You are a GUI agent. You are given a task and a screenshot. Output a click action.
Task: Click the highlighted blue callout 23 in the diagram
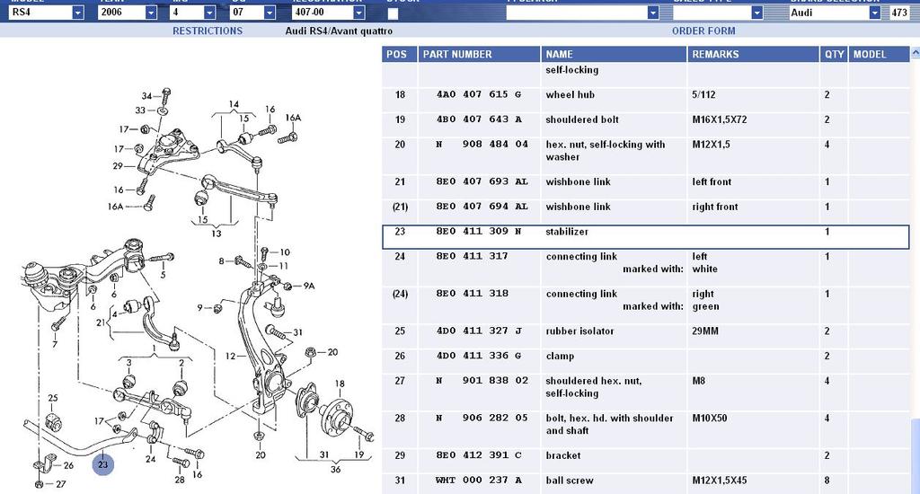(103, 464)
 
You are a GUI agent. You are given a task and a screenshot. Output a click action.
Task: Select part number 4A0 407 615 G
(472, 95)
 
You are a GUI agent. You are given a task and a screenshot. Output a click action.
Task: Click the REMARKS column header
(715, 54)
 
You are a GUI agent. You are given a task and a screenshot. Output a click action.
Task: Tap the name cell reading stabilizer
(567, 232)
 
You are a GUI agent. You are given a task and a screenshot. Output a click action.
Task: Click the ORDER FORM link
(703, 31)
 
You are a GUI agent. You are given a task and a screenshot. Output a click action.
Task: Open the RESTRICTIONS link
(208, 31)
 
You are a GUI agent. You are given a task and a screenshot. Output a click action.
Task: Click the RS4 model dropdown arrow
(77, 13)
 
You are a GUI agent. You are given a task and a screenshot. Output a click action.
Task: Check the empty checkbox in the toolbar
(393, 13)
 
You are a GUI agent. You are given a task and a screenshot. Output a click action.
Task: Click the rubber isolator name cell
(579, 331)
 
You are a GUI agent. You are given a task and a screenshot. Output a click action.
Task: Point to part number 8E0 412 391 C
(472, 456)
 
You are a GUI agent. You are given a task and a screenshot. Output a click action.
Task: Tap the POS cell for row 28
(400, 419)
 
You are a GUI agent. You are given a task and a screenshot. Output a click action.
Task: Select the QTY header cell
(834, 54)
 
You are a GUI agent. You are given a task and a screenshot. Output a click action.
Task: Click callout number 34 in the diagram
(147, 95)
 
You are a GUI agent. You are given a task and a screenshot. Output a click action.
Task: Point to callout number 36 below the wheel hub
(336, 469)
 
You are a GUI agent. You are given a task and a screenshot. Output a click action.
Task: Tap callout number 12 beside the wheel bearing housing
(230, 357)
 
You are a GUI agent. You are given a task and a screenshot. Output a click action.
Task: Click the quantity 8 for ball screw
(827, 481)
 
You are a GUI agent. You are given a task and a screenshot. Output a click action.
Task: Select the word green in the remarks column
(706, 306)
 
